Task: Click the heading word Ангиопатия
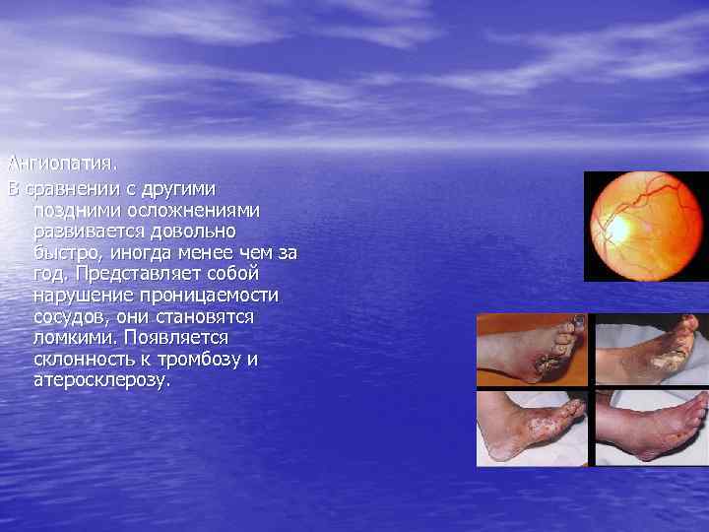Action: pyautogui.click(x=52, y=161)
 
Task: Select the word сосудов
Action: pyautogui.click(x=71, y=316)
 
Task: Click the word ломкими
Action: pyautogui.click(x=72, y=338)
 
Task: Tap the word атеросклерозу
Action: pyautogui.click(x=100, y=381)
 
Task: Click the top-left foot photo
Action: pyautogui.click(x=532, y=349)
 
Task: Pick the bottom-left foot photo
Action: pyautogui.click(x=532, y=429)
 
